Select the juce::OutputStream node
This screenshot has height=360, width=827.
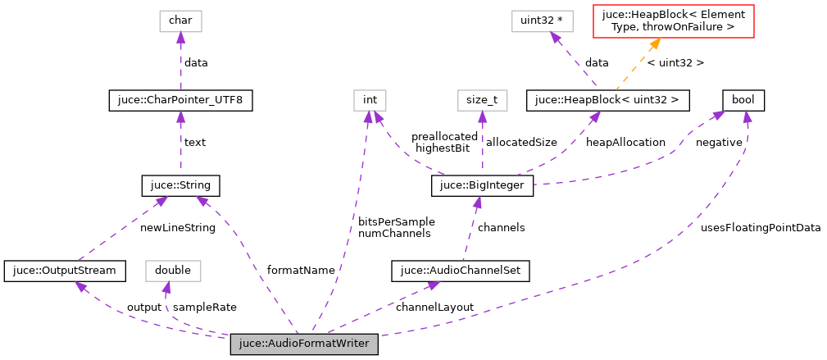[x=65, y=270]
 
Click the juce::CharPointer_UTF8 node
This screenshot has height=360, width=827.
[x=180, y=101]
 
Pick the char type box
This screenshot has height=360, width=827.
[x=180, y=21]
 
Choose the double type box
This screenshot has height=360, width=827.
[x=173, y=270]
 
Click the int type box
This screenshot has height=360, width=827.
[x=370, y=101]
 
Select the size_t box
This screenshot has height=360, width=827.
[x=482, y=101]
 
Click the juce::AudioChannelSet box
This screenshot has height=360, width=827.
[x=461, y=270]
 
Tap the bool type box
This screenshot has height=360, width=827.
[x=743, y=101]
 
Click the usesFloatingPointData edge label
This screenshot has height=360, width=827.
[x=761, y=228]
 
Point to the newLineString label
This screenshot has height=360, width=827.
[x=177, y=228]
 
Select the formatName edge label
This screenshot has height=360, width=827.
[x=302, y=270]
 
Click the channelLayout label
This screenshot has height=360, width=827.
[x=434, y=307]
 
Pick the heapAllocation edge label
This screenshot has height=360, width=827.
[x=626, y=143]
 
